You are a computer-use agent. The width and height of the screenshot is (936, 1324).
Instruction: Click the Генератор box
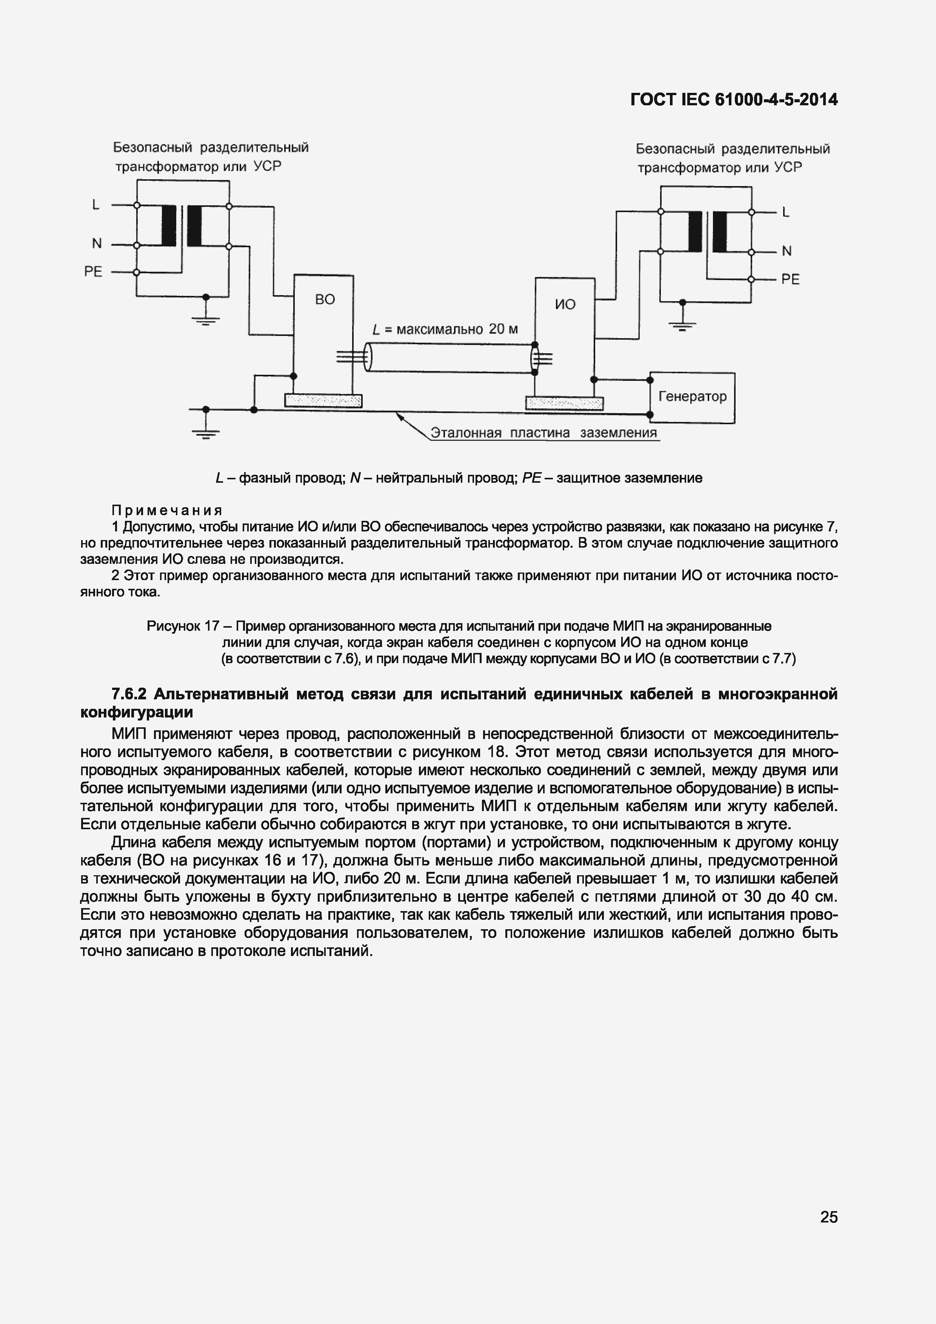692,397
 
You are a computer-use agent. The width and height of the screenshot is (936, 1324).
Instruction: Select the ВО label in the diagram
325,299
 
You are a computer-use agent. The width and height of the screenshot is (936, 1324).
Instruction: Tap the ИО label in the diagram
565,304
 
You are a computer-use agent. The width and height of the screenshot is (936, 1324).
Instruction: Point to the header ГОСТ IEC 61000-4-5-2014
734,100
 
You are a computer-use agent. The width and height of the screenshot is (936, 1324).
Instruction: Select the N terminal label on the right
787,251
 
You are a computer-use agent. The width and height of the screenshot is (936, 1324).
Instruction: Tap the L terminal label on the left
96,205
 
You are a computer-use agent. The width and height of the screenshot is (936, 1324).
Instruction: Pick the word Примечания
167,510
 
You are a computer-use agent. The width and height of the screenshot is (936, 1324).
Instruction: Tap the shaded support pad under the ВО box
323,400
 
